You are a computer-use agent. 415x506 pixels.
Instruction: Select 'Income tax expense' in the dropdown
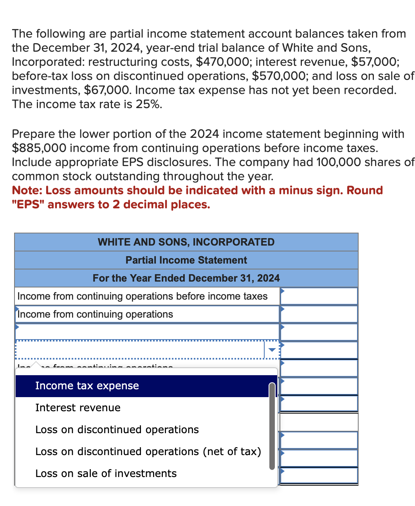(87, 386)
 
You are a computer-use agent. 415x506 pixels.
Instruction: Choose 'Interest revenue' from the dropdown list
(78, 408)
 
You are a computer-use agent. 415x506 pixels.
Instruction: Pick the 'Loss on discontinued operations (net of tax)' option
(148, 452)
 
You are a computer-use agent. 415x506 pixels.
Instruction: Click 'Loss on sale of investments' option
(106, 473)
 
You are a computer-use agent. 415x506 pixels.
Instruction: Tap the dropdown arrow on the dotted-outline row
(272, 349)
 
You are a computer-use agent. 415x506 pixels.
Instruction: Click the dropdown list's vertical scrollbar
(272, 426)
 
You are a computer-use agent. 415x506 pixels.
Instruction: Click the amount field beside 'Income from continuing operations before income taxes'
(319, 296)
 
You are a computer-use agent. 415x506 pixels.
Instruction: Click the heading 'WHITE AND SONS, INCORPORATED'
(186, 242)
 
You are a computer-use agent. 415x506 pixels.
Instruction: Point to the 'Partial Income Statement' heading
(186, 260)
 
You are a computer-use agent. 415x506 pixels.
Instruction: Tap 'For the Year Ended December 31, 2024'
(186, 278)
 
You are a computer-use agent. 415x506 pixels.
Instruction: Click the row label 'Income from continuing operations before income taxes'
(143, 296)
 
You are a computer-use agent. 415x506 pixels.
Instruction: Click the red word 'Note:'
(27, 190)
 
